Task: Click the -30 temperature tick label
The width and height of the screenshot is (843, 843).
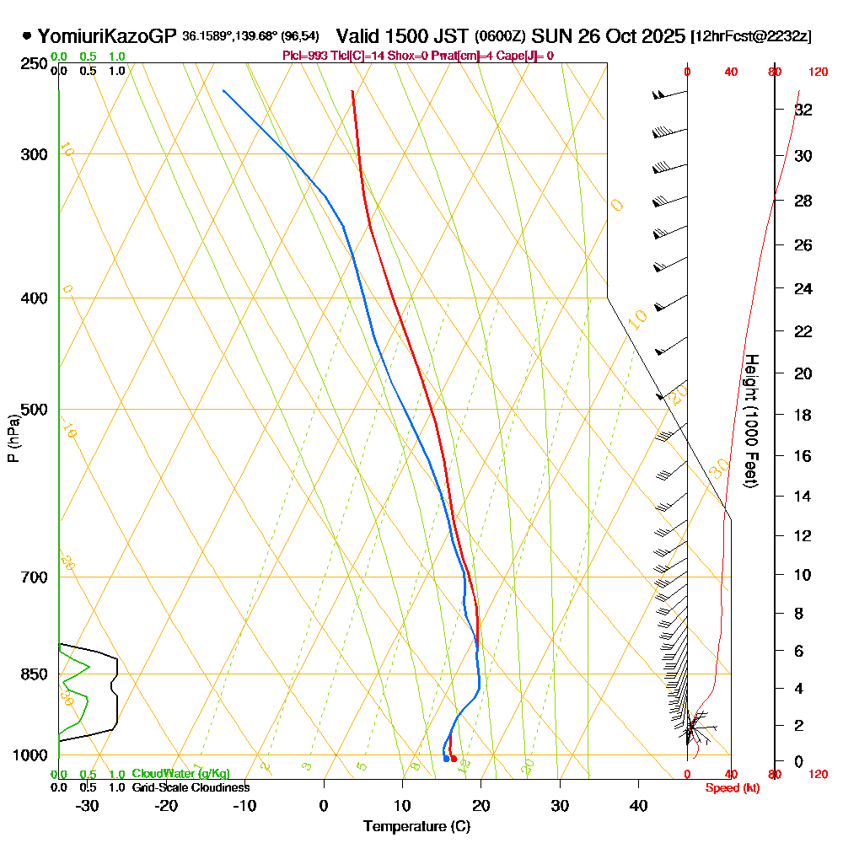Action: [87, 806]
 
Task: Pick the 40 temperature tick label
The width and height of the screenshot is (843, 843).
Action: [638, 806]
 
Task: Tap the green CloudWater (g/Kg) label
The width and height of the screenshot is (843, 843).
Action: [180, 774]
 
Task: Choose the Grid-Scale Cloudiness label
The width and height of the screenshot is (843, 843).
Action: [191, 787]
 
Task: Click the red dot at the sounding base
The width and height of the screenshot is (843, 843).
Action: [454, 759]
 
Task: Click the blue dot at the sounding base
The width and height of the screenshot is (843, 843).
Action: [446, 759]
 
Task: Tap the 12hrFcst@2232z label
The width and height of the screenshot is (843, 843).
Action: [751, 36]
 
